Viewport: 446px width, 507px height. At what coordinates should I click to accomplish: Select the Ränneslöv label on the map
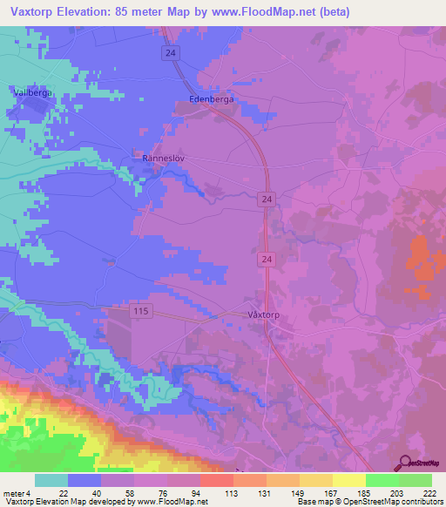[165, 159]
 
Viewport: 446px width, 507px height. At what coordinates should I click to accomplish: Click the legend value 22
[64, 493]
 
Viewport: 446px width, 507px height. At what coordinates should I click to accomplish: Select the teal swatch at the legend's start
[51, 480]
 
